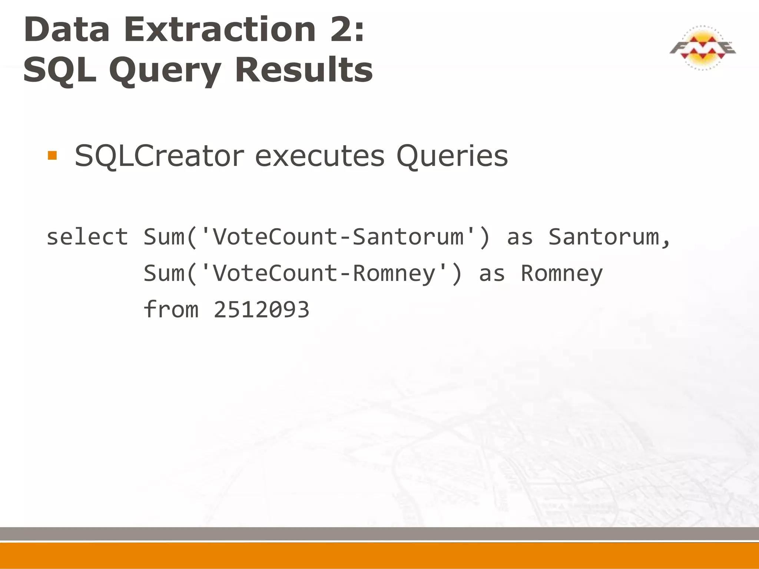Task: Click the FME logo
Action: (702, 48)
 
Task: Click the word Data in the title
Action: (67, 30)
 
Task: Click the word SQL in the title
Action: (59, 70)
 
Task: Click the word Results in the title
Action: (304, 70)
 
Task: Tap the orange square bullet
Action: (52, 155)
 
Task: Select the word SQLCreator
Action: (159, 156)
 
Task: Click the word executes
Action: (319, 156)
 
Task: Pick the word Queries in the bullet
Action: (452, 157)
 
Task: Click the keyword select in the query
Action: (87, 237)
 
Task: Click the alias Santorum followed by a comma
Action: (608, 237)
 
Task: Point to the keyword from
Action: (171, 309)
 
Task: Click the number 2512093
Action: (261, 310)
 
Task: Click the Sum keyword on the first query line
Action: (164, 237)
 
